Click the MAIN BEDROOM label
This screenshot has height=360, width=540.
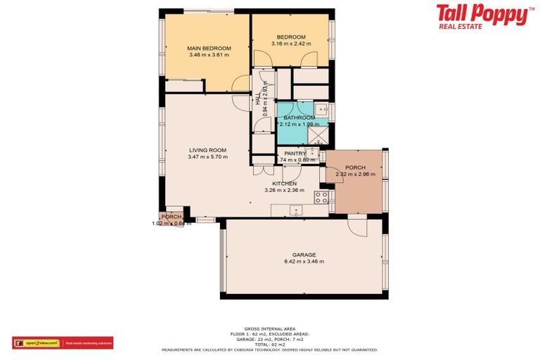[x=209, y=48]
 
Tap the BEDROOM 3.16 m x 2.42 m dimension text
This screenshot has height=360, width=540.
[x=290, y=44]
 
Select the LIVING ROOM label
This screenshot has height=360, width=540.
[x=207, y=150]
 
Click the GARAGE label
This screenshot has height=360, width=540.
[x=304, y=255]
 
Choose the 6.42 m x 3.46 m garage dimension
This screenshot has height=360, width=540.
[x=304, y=262]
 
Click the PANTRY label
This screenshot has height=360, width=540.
[x=295, y=153]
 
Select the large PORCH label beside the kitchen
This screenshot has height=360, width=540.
[x=355, y=167]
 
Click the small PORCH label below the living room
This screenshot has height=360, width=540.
[x=171, y=217]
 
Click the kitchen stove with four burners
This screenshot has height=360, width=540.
[x=321, y=198]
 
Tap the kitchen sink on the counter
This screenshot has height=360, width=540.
[x=296, y=209]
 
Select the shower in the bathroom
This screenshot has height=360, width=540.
[x=319, y=134]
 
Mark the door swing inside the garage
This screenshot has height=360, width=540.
[x=356, y=226]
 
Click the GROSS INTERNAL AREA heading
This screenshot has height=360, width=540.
[x=269, y=328]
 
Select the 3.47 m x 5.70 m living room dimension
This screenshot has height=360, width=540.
[x=207, y=157]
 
